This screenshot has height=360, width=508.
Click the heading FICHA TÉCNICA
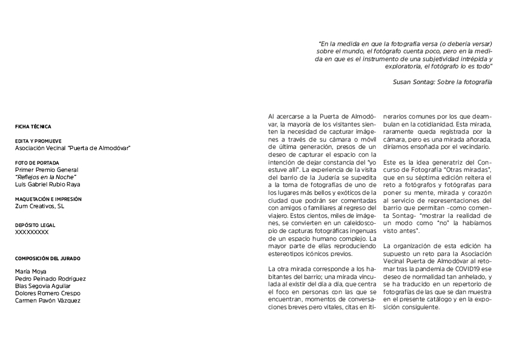pos(33,126)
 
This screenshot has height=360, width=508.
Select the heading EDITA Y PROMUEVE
pos(38,141)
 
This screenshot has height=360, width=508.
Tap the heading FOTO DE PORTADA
pos(37,163)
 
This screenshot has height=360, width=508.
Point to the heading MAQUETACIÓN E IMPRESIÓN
pos(48,199)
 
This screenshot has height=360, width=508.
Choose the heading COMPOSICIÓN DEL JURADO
pos(48,258)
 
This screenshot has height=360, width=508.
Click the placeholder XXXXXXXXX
pos(32,232)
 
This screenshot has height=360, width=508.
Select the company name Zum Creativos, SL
pos(39,206)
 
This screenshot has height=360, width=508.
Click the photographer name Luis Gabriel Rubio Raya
pos(47,185)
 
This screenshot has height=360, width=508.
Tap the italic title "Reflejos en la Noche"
pos(42,177)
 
